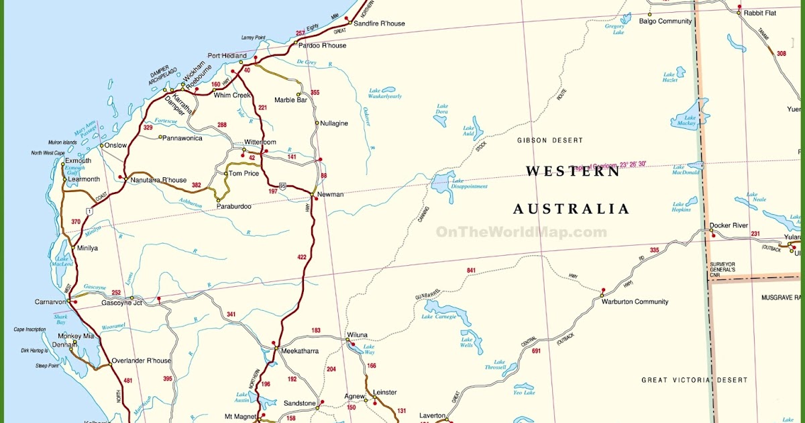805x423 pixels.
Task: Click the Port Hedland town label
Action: pyautogui.click(x=227, y=56)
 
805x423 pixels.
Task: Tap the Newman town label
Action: pyautogui.click(x=330, y=195)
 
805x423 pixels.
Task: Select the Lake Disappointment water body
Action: pyautogui.click(x=443, y=184)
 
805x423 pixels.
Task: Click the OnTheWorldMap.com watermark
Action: pyautogui.click(x=521, y=232)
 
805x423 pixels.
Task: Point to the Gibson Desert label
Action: pyautogui.click(x=549, y=140)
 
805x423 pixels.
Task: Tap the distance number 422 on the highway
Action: pyautogui.click(x=301, y=257)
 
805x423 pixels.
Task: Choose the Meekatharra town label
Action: pyautogui.click(x=300, y=351)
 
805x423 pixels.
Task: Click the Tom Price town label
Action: pyautogui.click(x=244, y=173)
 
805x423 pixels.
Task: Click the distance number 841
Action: pyautogui.click(x=471, y=271)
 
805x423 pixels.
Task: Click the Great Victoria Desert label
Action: pyautogui.click(x=694, y=380)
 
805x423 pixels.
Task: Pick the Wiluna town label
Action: pyautogui.click(x=357, y=335)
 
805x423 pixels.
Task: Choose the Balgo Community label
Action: pyautogui.click(x=665, y=21)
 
